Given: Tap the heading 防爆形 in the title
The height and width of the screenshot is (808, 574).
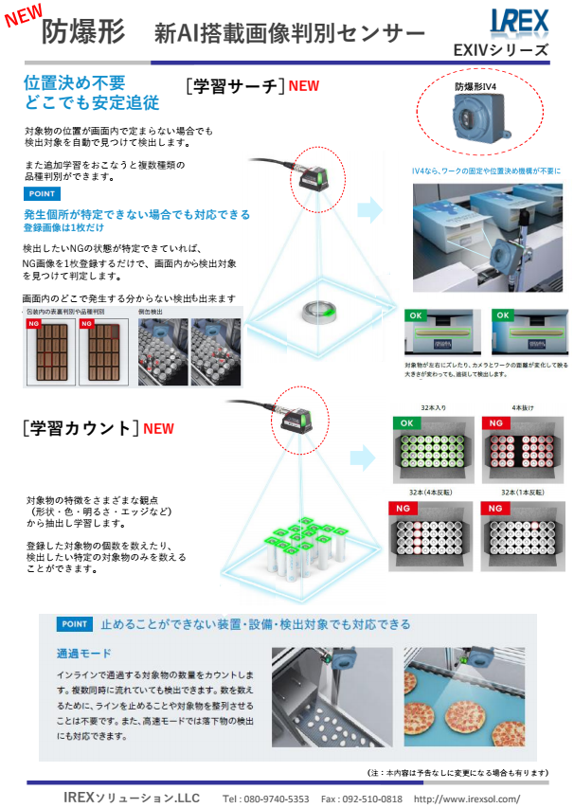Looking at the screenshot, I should point(82,32).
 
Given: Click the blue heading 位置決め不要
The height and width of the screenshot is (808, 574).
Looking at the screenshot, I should point(74,82).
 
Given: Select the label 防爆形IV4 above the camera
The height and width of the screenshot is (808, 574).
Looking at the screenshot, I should point(482,86).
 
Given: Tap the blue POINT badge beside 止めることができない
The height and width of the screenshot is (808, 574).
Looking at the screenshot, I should point(74,624).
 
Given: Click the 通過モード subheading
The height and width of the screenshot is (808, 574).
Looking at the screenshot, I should point(84,654).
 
